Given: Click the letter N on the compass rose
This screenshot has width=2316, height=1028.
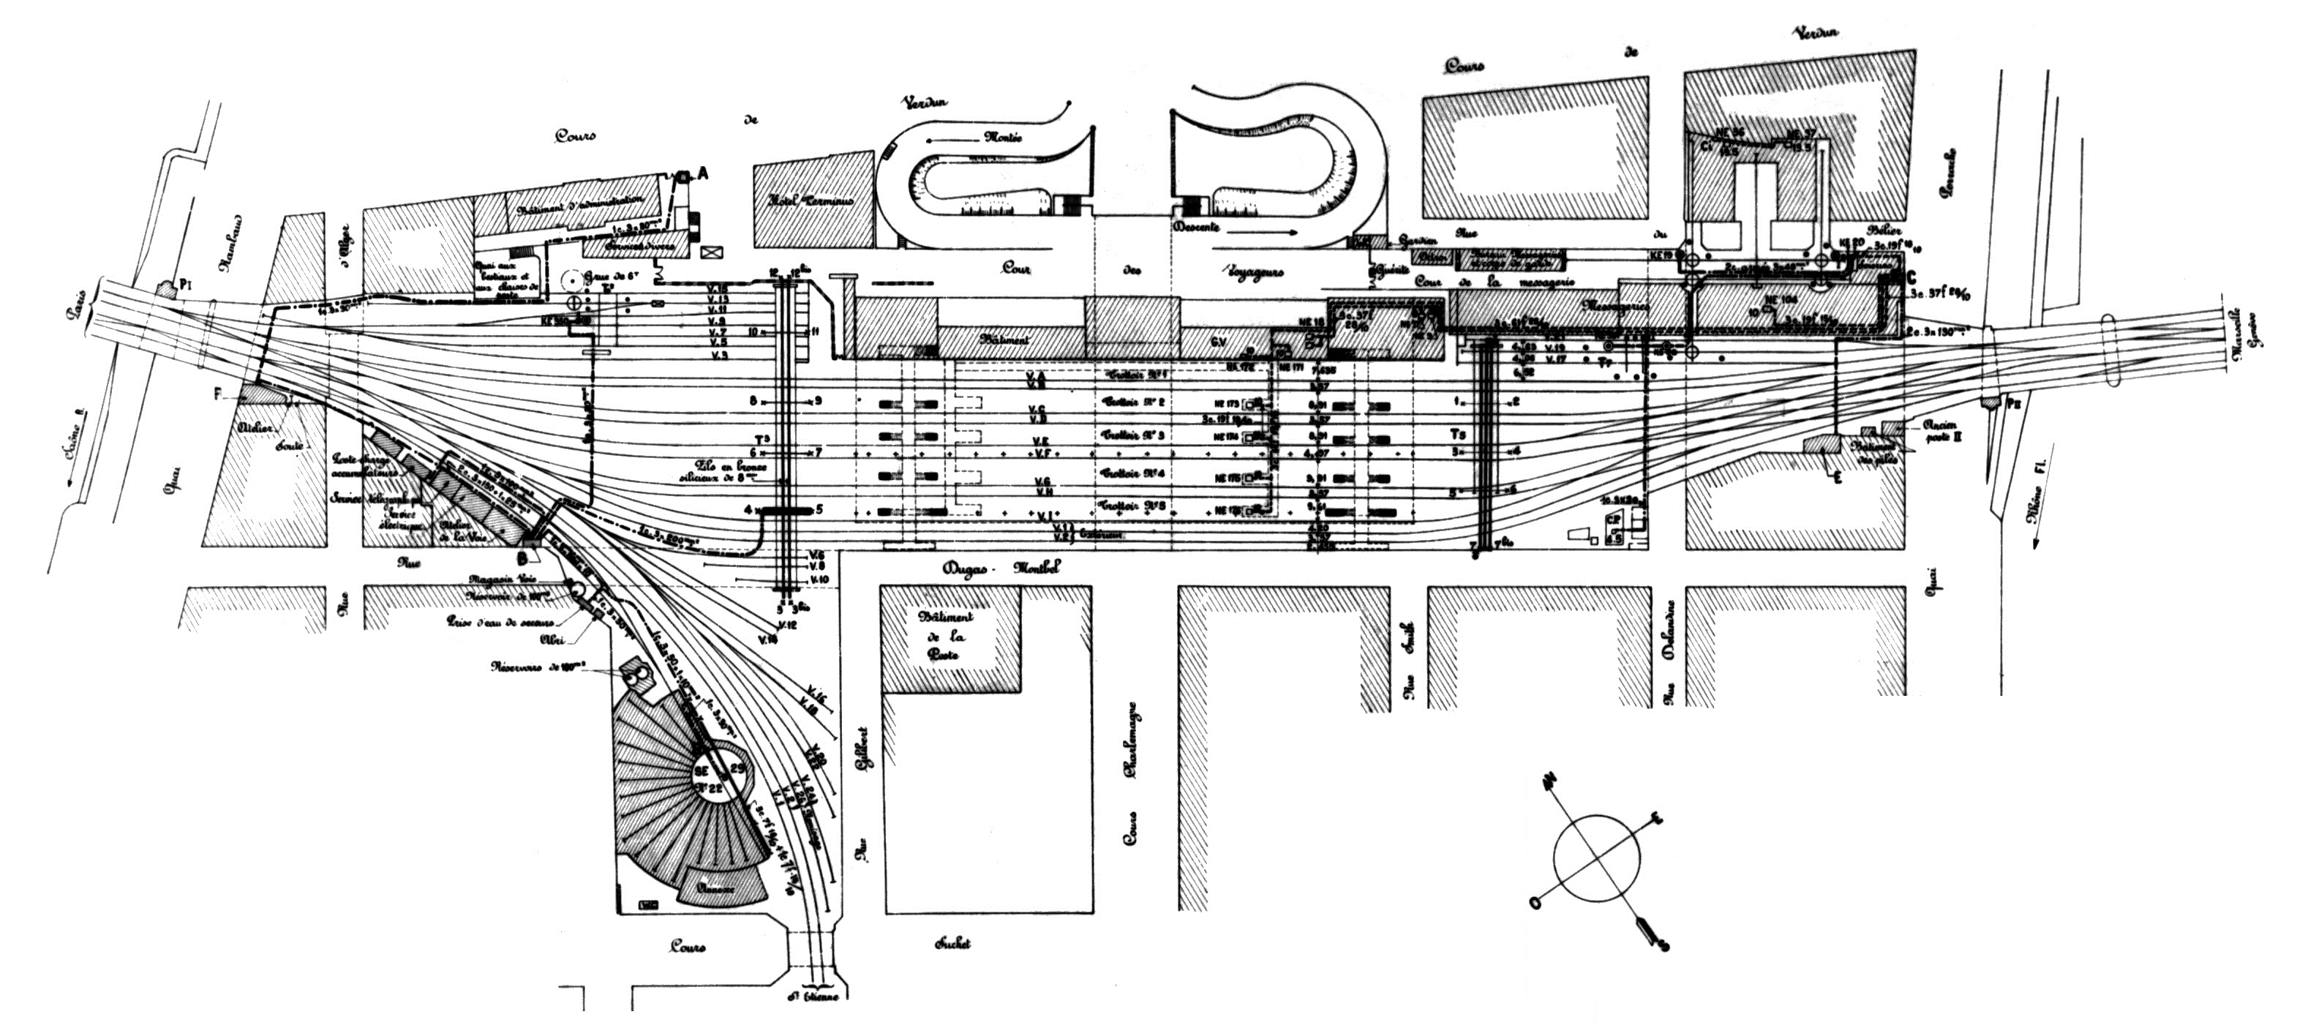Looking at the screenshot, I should click(1548, 784).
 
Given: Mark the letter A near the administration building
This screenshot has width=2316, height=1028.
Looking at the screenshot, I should click(703, 176).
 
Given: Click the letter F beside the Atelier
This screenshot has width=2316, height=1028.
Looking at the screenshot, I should click(217, 393).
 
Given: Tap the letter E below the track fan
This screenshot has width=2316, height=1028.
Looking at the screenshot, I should click(1838, 478).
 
